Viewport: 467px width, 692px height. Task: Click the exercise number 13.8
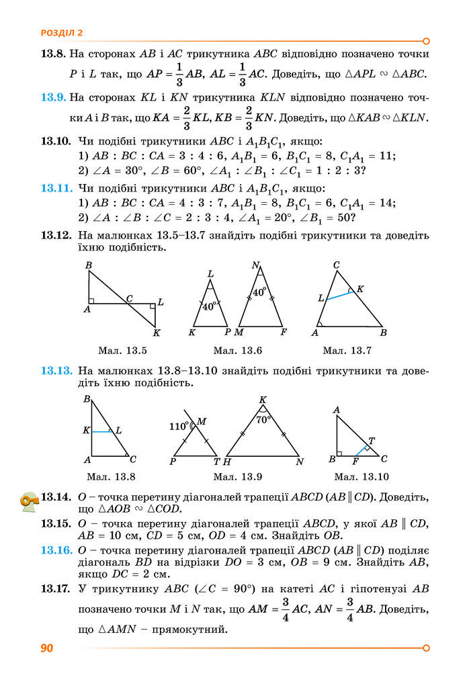coord(52,53)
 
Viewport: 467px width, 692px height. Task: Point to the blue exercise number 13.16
coord(56,550)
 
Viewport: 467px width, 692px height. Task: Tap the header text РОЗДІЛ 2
coord(61,32)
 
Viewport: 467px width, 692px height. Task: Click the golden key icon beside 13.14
coord(30,500)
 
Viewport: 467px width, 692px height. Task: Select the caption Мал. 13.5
coord(122,350)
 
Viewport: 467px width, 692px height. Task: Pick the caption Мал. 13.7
coord(347,350)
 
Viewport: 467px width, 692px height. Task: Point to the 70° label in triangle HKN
coord(263,419)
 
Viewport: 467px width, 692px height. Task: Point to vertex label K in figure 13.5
coord(157,333)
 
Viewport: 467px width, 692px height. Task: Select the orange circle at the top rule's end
coord(425,40)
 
